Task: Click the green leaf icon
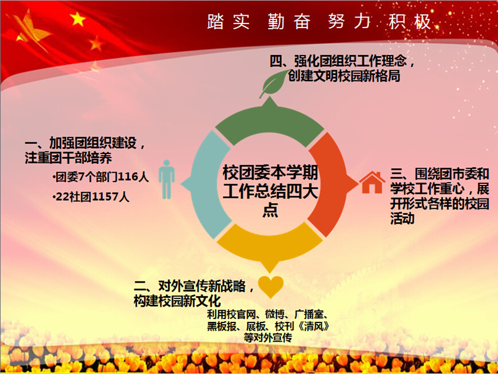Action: [274, 83]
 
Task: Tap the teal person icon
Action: [166, 180]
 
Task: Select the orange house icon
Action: [372, 183]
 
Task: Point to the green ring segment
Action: [270, 122]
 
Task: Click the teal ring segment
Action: [203, 184]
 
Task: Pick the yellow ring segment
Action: [270, 244]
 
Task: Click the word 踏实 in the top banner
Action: [228, 22]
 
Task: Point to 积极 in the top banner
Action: [410, 22]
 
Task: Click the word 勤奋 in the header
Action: [289, 22]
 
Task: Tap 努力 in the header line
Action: [349, 22]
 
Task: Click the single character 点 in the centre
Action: [270, 210]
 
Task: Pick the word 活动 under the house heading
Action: [403, 218]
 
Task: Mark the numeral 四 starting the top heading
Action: [276, 61]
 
